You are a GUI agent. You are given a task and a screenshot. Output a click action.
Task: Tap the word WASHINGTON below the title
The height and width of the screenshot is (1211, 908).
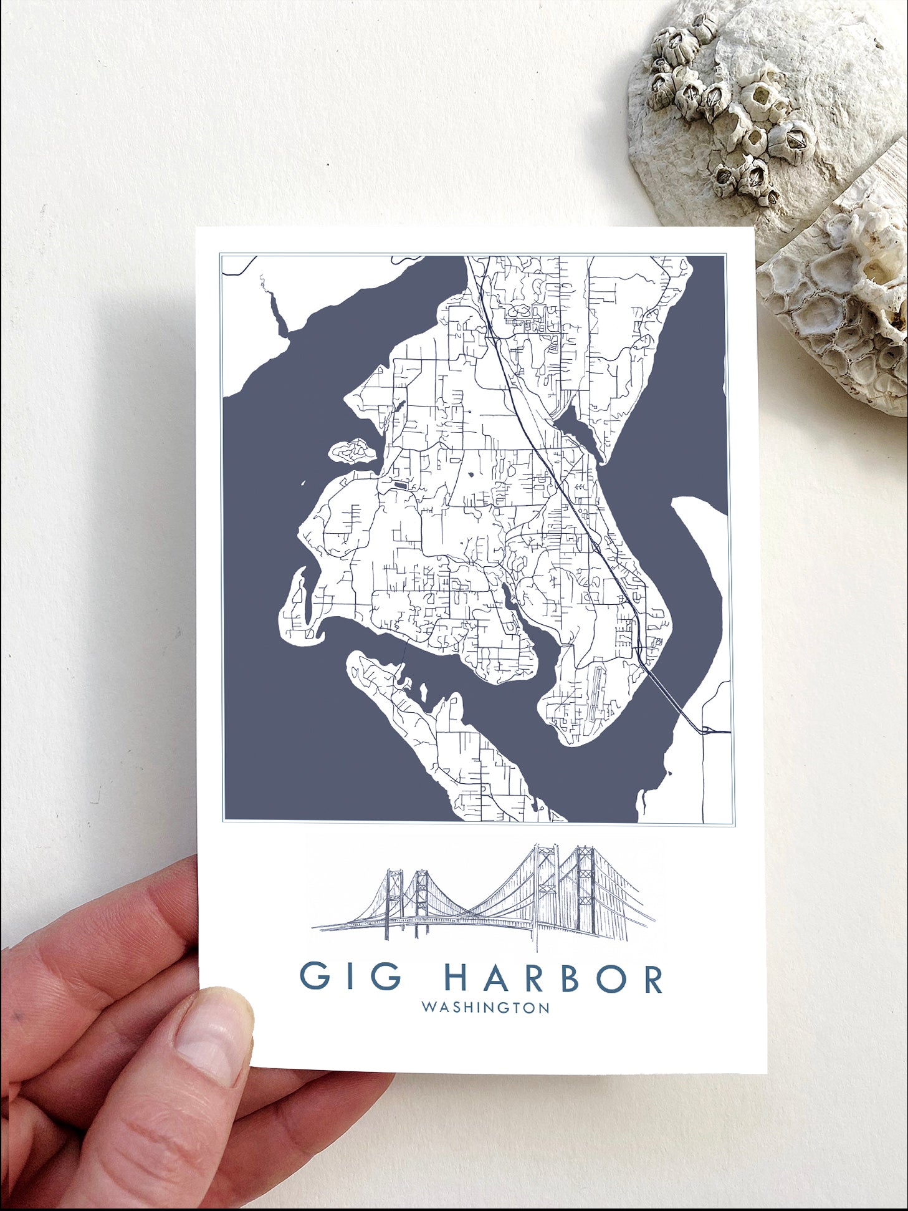(485, 1008)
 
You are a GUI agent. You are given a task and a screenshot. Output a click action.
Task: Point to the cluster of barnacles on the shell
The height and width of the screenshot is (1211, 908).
(729, 106)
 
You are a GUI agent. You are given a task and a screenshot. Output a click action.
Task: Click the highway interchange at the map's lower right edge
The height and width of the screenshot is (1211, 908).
(707, 730)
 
